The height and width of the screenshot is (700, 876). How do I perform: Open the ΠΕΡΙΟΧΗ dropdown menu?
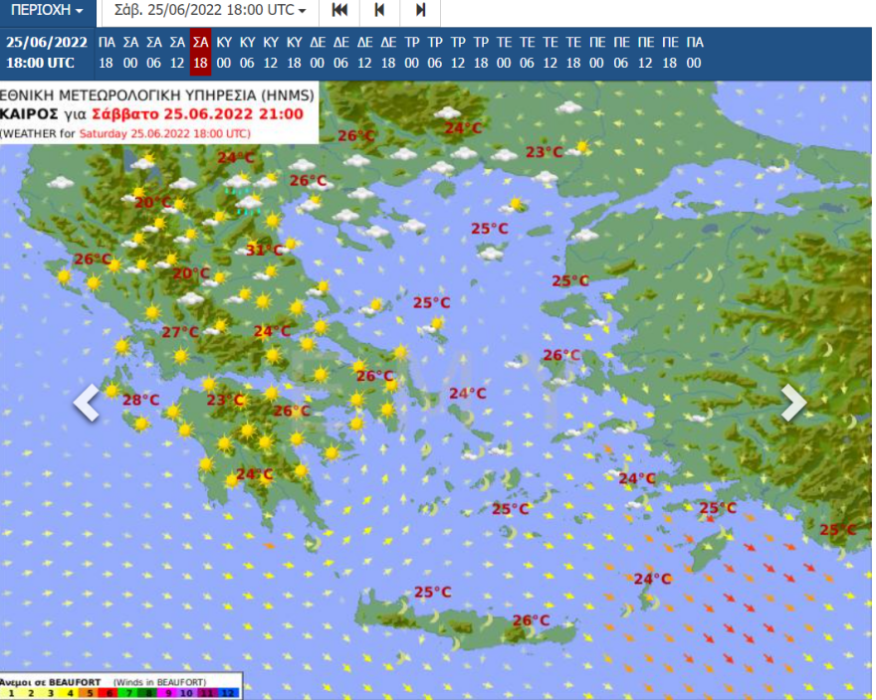point(48,11)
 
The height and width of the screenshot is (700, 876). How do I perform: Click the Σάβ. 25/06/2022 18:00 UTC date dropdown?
point(210,11)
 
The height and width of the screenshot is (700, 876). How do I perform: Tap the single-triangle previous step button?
point(379,11)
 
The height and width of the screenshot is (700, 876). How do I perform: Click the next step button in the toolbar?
point(420,11)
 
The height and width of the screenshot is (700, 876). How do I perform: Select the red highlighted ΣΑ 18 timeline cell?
point(200,52)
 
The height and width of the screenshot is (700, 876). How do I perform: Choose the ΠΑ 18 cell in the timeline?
point(107,52)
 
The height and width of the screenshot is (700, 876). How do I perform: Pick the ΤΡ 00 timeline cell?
point(411,52)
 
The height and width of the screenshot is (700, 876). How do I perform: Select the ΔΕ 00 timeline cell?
point(318,52)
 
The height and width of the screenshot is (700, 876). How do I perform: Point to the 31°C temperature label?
point(265,250)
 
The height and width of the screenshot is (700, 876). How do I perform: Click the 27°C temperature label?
point(180,332)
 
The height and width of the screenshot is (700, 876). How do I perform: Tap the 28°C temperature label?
point(140,400)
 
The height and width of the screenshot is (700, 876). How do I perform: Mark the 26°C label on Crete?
point(531,620)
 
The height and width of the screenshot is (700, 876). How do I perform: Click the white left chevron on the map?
point(88,403)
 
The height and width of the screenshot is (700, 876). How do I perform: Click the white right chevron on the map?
point(793,403)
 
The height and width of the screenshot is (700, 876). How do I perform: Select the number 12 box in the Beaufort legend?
point(228,692)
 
